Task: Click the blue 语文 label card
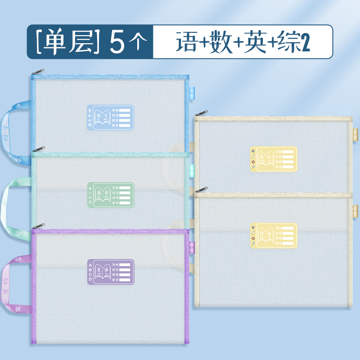click(x=110, y=118)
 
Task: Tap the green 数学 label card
click(x=110, y=194)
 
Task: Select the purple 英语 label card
click(x=110, y=271)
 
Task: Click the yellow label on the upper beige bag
click(x=274, y=158)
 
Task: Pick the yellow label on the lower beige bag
click(x=274, y=234)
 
